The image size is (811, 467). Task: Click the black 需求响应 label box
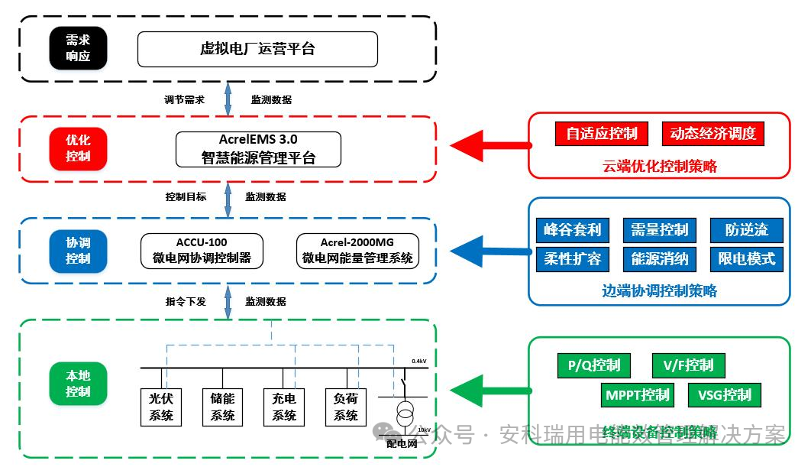pyautogui.click(x=77, y=49)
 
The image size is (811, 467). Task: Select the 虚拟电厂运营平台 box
pyautogui.click(x=257, y=49)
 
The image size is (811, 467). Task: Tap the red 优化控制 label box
pyautogui.click(x=78, y=148)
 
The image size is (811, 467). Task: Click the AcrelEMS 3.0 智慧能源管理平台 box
pyautogui.click(x=258, y=149)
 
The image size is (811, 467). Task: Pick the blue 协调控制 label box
pyautogui.click(x=78, y=250)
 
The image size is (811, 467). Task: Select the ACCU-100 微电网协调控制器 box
pyautogui.click(x=202, y=251)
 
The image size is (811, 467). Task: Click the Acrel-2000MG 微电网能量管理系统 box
pyautogui.click(x=357, y=251)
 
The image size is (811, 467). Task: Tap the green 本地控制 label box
pyautogui.click(x=78, y=384)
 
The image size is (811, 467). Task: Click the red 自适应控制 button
pyautogui.click(x=601, y=134)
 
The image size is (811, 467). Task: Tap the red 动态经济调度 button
pyautogui.click(x=712, y=134)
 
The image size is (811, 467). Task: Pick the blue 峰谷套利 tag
pyautogui.click(x=572, y=229)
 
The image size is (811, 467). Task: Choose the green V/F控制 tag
pyautogui.click(x=688, y=365)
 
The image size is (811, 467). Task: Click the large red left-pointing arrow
pyautogui.click(x=489, y=144)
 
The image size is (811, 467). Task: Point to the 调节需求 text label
pyautogui.click(x=184, y=99)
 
